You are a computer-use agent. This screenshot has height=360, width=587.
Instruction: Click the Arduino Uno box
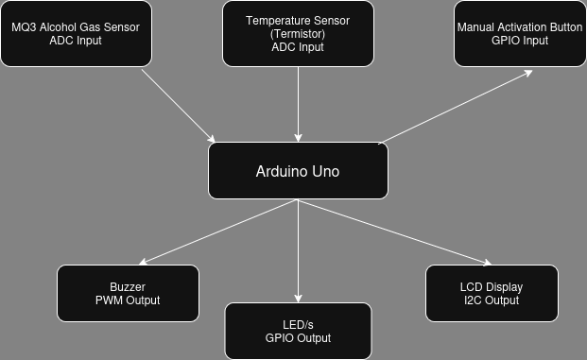point(298,171)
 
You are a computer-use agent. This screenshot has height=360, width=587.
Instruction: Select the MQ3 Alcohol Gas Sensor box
point(76,34)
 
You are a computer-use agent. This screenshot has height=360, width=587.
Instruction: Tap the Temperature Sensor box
point(298,34)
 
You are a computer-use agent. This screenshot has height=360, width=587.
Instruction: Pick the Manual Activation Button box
point(520,34)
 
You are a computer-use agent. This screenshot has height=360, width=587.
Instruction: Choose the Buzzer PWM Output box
point(128,293)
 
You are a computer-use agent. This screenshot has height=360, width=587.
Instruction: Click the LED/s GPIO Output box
point(298,331)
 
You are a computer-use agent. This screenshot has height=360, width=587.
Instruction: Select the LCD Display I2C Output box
point(492,293)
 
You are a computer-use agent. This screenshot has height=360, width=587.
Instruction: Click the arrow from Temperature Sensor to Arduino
point(299,104)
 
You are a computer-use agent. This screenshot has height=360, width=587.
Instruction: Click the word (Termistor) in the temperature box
point(298,34)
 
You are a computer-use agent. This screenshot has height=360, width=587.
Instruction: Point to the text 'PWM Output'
point(128,300)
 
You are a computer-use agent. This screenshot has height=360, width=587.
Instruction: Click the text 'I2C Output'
point(492,300)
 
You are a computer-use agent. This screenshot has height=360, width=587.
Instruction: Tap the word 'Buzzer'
point(128,287)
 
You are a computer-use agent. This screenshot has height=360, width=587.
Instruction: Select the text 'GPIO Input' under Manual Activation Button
point(520,41)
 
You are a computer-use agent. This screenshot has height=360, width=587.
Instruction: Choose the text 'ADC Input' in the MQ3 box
point(76,41)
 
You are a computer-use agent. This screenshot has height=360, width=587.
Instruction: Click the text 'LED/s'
point(298,325)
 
